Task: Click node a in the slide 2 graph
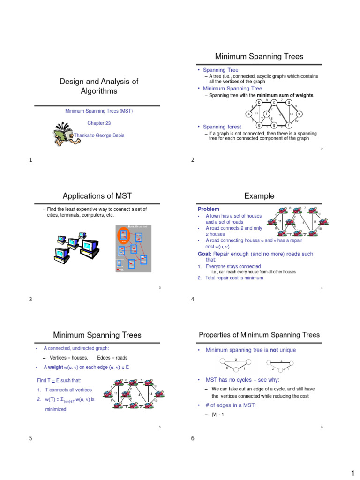[x=249, y=114]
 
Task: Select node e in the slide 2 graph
[x=299, y=114]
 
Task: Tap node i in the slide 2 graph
[x=266, y=114]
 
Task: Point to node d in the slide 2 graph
[x=289, y=102]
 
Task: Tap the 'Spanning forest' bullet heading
[x=222, y=127]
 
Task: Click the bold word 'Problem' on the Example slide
[x=209, y=209]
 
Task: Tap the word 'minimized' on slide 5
[x=55, y=409]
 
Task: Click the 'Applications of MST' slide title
[x=98, y=196]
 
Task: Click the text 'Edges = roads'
[x=112, y=358]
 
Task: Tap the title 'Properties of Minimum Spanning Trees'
[x=259, y=335]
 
